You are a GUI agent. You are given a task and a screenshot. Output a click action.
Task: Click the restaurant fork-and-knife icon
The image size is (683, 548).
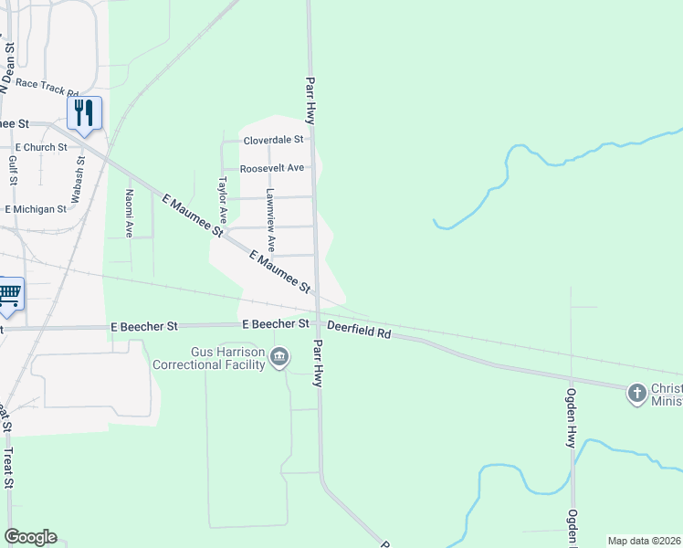tap(84, 113)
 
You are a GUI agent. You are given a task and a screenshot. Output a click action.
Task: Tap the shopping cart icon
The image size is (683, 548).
tap(9, 294)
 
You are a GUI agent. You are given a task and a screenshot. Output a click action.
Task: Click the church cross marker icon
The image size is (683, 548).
tap(636, 394)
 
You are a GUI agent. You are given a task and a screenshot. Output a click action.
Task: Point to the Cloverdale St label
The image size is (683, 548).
tap(272, 141)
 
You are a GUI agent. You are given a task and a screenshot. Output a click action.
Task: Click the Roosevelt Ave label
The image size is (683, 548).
tap(271, 169)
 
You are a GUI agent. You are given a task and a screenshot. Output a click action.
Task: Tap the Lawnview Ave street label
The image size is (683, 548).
tap(270, 220)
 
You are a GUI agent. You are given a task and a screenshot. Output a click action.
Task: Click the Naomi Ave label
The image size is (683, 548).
tap(130, 214)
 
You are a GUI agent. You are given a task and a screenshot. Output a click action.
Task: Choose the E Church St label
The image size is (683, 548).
tap(41, 147)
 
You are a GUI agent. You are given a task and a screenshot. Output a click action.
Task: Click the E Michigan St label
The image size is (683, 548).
tap(36, 209)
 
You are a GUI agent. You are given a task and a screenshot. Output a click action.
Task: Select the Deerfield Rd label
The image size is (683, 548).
tap(359, 330)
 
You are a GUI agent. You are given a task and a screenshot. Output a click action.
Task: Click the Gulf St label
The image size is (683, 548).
tap(13, 170)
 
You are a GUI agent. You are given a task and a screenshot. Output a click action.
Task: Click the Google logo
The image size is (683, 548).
tap(30, 537)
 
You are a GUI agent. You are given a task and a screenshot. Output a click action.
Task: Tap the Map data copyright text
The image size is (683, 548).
tap(644, 541)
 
